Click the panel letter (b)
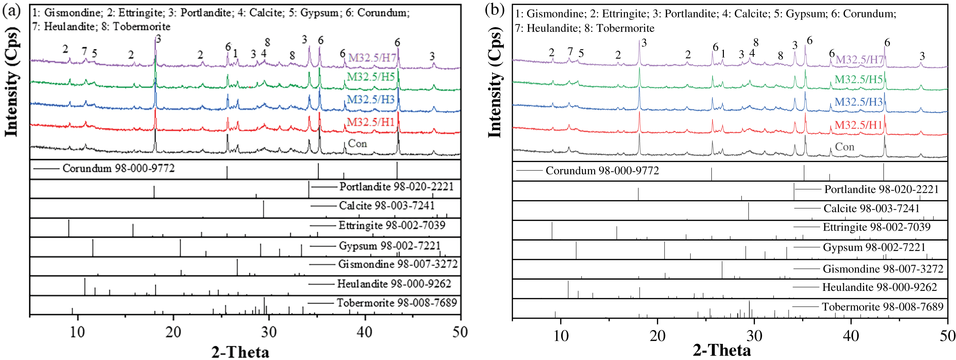click(x=495, y=10)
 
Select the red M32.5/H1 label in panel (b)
click(x=858, y=125)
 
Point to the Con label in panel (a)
click(x=357, y=144)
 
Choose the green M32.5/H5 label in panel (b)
click(x=858, y=80)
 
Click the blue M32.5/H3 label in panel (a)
click(x=370, y=99)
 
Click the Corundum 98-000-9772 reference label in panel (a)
click(x=118, y=168)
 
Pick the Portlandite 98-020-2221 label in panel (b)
click(x=882, y=189)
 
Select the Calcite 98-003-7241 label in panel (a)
click(x=386, y=206)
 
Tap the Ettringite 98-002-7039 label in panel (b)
click(x=877, y=227)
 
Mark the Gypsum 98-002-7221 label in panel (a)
click(x=390, y=246)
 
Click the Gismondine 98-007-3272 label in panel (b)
click(x=883, y=269)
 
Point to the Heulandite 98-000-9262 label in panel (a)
click(x=394, y=284)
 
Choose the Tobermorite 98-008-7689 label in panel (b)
click(x=883, y=307)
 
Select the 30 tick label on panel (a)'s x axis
click(x=269, y=332)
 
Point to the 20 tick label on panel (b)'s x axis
click(x=657, y=336)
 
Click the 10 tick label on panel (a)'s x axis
click(x=77, y=332)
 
